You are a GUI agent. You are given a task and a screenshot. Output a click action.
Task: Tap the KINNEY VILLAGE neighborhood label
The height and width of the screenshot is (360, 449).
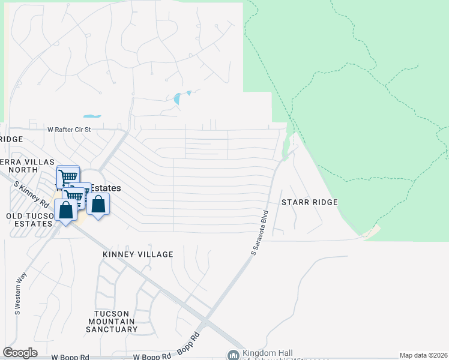tap(137, 254)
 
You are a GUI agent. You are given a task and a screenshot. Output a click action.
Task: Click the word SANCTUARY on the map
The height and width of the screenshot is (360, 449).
tap(112, 329)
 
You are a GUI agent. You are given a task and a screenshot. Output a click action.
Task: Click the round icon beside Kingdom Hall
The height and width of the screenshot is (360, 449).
tap(232, 355)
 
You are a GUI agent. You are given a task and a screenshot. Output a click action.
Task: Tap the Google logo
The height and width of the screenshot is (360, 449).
tap(20, 353)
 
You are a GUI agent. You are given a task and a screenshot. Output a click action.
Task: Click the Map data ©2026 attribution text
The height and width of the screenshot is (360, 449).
tap(423, 355)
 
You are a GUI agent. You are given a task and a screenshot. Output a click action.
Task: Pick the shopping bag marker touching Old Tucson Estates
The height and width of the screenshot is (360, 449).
tap(65, 210)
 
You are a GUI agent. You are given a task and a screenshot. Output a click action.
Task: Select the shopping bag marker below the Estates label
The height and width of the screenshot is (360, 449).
tap(98, 203)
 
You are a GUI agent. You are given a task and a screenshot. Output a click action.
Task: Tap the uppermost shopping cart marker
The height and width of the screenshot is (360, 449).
tap(68, 175)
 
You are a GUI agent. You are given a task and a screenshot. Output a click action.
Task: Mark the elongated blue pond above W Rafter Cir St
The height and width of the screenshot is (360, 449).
tap(92, 116)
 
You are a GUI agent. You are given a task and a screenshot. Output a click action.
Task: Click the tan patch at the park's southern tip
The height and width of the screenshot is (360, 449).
tap(372, 231)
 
